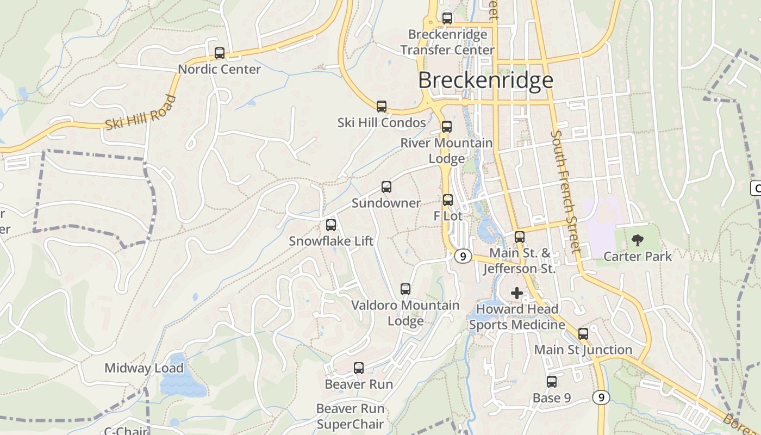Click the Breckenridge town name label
(485, 80)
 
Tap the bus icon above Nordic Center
(220, 53)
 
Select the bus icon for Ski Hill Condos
(382, 107)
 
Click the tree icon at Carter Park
(638, 240)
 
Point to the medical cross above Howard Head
(516, 294)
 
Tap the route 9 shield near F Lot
(463, 256)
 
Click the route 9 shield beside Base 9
(601, 397)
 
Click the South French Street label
(566, 191)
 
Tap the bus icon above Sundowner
(386, 187)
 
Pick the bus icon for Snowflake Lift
(331, 225)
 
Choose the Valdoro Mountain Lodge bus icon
(406, 289)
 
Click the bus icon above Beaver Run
(359, 368)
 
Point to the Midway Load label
(144, 368)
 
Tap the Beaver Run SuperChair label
(351, 416)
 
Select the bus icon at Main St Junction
(583, 334)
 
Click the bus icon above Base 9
(552, 382)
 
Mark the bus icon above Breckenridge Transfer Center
(447, 18)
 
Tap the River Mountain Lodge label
(447, 151)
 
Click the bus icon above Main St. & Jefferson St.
(520, 237)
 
